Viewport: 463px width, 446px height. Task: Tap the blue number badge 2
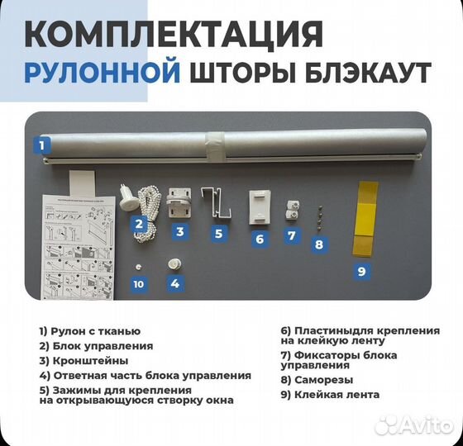pos(140,222)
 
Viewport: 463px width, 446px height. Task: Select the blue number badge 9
pos(360,269)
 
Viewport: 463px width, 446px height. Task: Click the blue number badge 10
pos(139,284)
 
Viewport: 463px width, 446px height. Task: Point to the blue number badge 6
pos(259,239)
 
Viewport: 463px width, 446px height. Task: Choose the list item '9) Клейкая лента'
pos(330,395)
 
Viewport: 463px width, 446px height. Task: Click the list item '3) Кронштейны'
pos(84,360)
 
